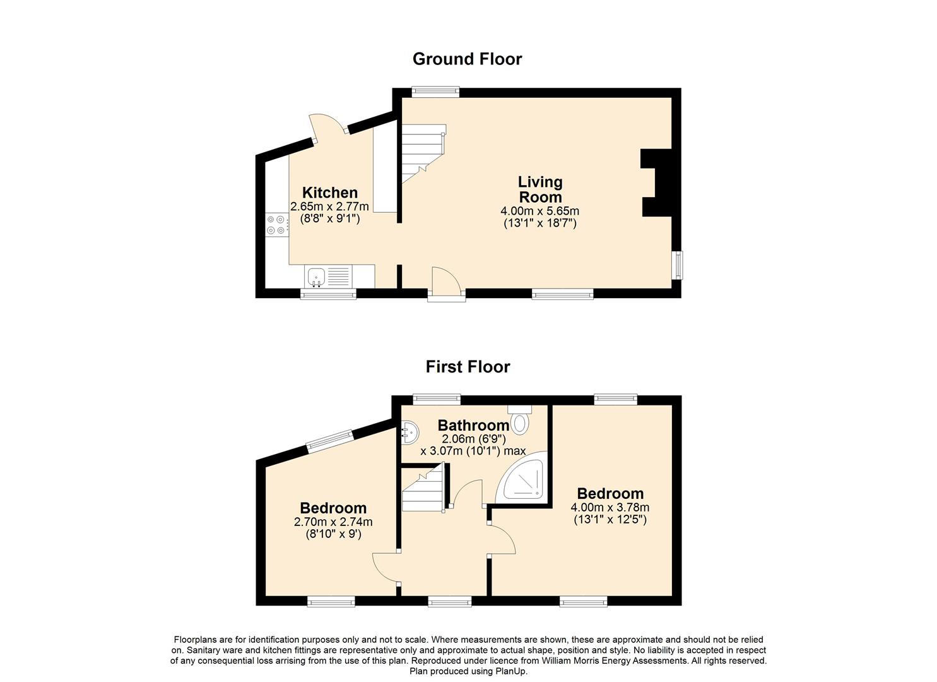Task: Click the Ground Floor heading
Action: [468, 59]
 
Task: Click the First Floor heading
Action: [468, 367]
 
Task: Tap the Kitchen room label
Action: [330, 193]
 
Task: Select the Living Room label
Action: [541, 189]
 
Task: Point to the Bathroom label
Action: [473, 426]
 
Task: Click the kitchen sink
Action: [328, 277]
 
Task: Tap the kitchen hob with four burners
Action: [276, 224]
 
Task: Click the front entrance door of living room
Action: [446, 284]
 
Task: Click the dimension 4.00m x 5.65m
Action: [539, 210]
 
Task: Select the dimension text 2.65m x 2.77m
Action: [329, 206]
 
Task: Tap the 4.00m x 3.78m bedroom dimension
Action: [610, 508]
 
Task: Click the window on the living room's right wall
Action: [677, 265]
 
